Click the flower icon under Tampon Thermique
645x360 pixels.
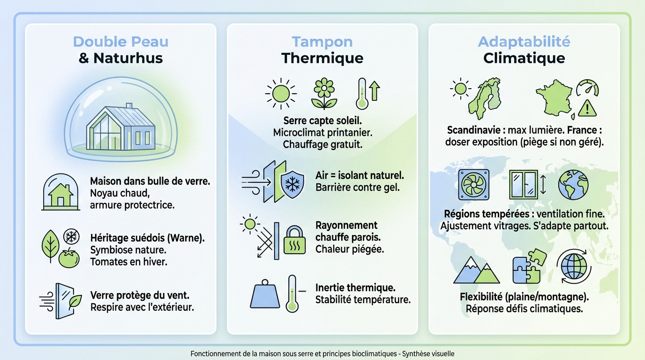[x=324, y=93]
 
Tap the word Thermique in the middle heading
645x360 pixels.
[x=322, y=58]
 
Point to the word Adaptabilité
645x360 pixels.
[x=524, y=41]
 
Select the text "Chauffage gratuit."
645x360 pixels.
[x=322, y=144]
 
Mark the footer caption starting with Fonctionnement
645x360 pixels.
[x=322, y=354]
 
